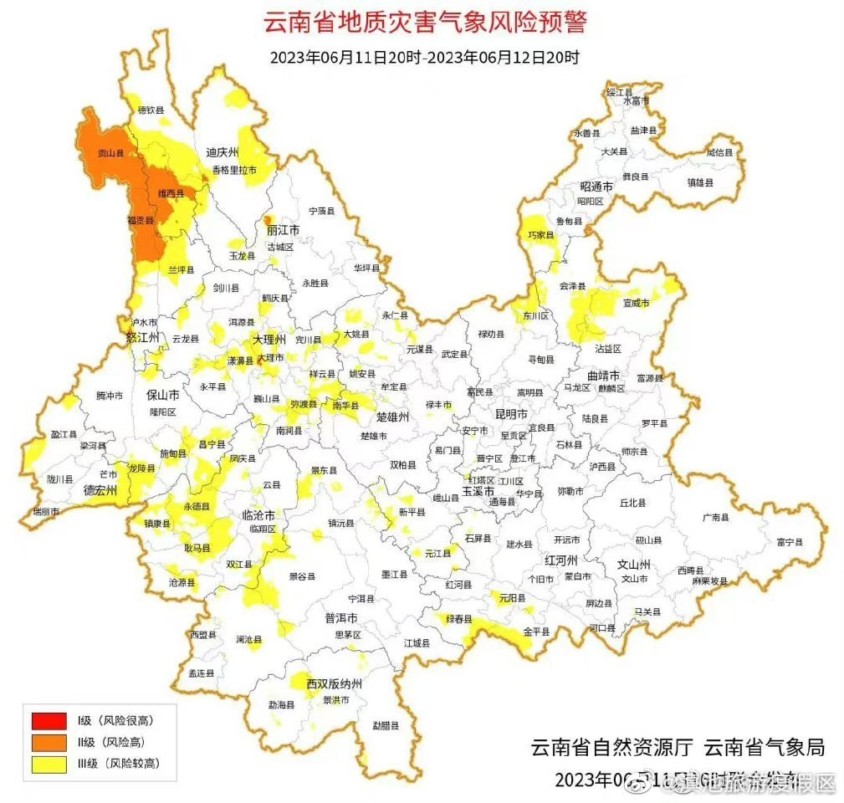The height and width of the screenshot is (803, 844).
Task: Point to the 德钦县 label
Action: pyautogui.click(x=151, y=110)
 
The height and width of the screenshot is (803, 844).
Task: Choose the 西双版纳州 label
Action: pyautogui.click(x=333, y=683)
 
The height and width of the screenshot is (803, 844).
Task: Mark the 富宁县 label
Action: pyautogui.click(x=789, y=542)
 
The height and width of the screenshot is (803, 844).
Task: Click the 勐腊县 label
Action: pyautogui.click(x=386, y=725)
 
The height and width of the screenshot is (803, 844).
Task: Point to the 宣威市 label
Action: pyautogui.click(x=636, y=303)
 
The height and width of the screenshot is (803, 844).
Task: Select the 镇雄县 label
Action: pyautogui.click(x=700, y=182)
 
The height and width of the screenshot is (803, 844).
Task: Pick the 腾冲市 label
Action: pyautogui.click(x=110, y=395)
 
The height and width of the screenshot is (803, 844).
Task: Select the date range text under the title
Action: pyautogui.click(x=425, y=58)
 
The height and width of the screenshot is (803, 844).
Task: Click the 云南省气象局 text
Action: pyautogui.click(x=764, y=747)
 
